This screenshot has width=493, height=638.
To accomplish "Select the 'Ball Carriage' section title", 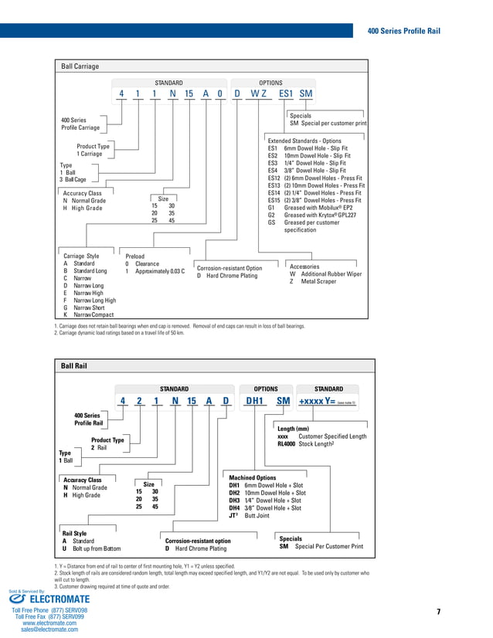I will [80, 66].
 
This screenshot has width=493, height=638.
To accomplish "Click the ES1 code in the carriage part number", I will [285, 94].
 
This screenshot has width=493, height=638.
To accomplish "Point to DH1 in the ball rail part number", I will [255, 401].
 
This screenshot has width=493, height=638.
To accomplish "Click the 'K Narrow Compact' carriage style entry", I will [88, 315].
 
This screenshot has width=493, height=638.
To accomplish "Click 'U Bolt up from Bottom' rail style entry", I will [91, 548].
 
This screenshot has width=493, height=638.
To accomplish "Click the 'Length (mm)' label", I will [293, 429].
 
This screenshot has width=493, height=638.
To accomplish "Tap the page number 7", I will [438, 612].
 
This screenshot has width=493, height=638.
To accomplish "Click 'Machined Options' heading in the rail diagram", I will [252, 477].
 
